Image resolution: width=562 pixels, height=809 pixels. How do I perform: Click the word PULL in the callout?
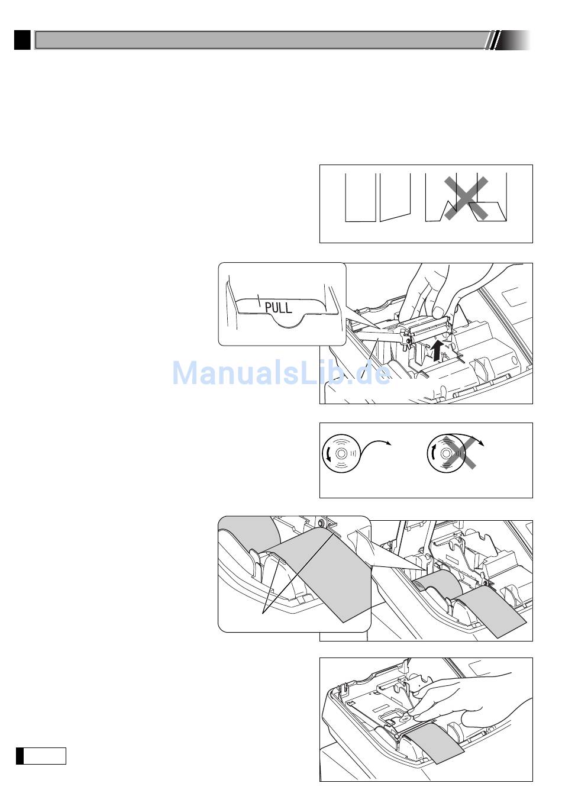click(x=278, y=307)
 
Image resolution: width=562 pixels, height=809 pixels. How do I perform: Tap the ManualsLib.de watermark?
click(x=281, y=373)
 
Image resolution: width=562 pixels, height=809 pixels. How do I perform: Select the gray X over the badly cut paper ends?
click(x=466, y=198)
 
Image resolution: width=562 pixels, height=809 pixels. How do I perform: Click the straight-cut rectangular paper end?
click(x=360, y=197)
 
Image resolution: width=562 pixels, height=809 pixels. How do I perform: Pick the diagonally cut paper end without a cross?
click(x=395, y=197)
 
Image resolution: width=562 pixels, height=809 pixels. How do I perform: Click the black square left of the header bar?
click(x=22, y=40)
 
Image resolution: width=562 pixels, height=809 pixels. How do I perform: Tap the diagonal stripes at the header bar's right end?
click(x=492, y=40)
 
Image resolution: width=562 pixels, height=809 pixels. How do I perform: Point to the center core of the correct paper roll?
click(x=341, y=453)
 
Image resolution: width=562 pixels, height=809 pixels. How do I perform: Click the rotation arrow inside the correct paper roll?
click(x=328, y=453)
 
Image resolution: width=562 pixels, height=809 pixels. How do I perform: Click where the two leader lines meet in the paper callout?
click(x=263, y=613)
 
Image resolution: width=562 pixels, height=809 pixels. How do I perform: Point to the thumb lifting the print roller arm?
click(x=438, y=311)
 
